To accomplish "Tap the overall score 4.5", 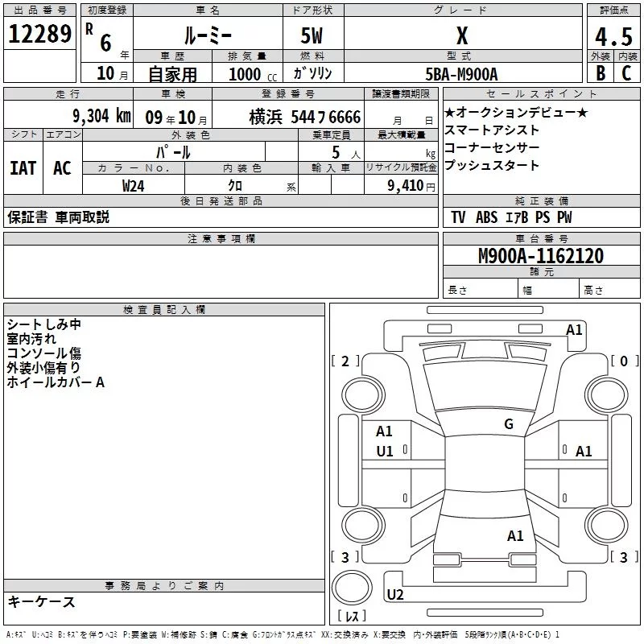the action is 612,37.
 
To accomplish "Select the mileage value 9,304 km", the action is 101,116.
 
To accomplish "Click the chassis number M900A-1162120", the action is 540,257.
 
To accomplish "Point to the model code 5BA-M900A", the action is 461,74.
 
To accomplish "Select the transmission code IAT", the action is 23,168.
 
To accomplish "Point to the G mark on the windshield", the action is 508,424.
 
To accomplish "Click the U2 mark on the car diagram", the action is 395,595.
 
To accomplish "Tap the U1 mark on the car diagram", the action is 385,452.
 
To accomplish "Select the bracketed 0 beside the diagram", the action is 624,361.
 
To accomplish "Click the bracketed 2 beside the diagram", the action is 345,361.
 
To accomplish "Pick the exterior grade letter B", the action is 600,74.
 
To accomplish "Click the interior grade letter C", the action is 626,74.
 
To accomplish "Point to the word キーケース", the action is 41,601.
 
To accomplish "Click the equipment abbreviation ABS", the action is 486,217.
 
